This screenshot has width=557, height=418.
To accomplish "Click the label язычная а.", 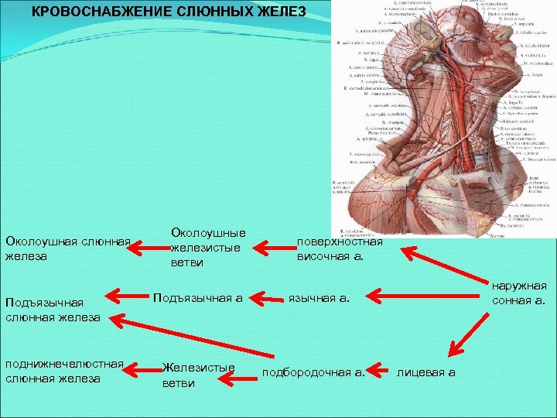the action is [x=319, y=297].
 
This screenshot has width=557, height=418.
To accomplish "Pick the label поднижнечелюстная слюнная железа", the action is [x=64, y=372].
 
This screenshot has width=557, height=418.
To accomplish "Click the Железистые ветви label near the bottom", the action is [x=198, y=375].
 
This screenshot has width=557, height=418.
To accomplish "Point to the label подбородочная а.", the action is [x=313, y=372].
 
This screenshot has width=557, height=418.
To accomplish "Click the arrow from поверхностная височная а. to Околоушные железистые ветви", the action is [x=274, y=248].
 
